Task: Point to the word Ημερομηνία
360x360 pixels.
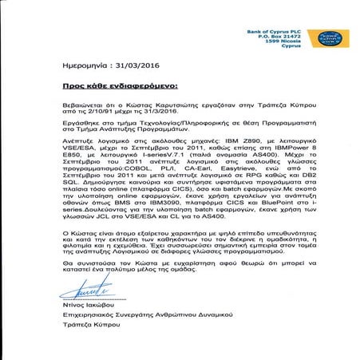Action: pyautogui.click(x=85, y=67)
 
